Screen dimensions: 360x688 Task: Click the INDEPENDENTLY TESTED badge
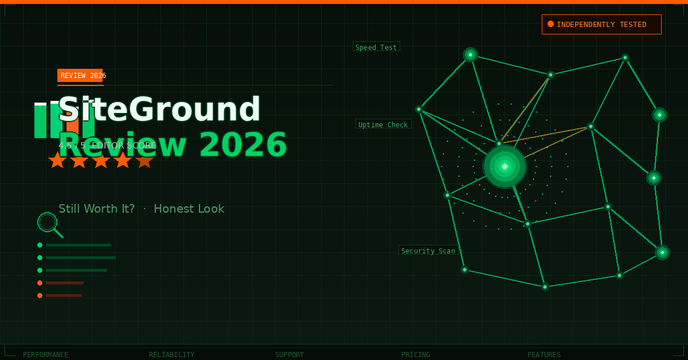click(x=601, y=24)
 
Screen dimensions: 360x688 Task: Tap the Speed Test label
click(x=376, y=47)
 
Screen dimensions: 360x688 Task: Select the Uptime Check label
click(x=383, y=124)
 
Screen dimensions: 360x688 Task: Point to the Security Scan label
click(x=428, y=251)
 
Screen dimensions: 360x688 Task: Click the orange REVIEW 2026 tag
click(x=80, y=76)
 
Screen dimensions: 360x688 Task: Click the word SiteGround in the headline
click(x=159, y=109)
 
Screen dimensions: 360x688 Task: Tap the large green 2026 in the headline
click(x=243, y=144)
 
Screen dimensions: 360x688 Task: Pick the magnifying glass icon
click(x=48, y=223)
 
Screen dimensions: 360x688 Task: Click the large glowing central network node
click(x=505, y=166)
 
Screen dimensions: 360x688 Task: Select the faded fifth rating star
click(x=144, y=161)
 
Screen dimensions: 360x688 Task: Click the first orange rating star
click(x=57, y=161)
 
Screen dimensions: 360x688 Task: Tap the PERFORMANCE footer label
click(x=45, y=355)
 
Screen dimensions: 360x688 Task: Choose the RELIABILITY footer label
click(x=171, y=355)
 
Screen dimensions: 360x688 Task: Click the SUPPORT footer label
click(x=290, y=355)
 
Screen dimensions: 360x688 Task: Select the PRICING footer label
click(x=416, y=355)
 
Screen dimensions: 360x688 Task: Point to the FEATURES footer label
click(x=544, y=355)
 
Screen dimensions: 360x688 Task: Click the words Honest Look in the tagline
click(x=189, y=209)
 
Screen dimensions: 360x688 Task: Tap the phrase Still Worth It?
click(x=96, y=209)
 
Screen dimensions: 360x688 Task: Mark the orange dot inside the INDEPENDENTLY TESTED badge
click(x=550, y=24)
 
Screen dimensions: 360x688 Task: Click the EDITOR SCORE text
click(x=124, y=146)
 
